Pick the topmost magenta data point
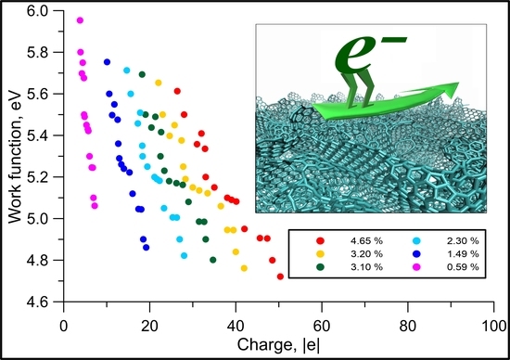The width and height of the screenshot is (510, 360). [80, 19]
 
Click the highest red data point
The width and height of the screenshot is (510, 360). [177, 91]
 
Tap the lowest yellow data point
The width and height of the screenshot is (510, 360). [244, 267]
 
